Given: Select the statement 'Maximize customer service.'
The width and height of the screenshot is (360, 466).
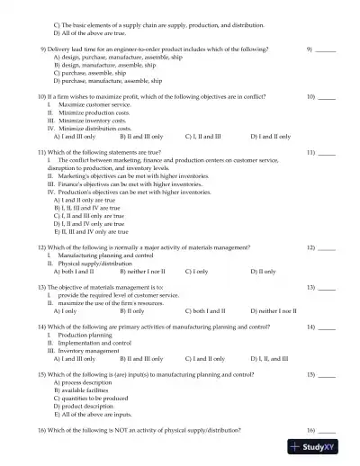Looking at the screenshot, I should tap(88, 104).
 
